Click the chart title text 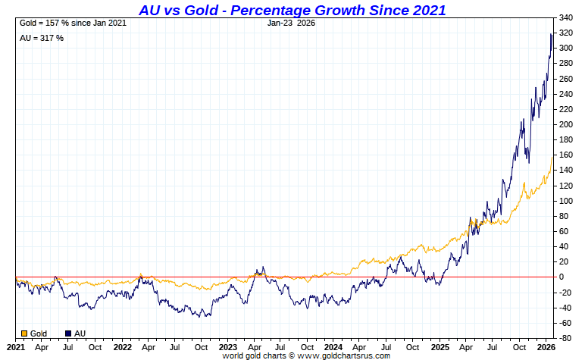(292, 10)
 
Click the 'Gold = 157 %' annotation (72, 23)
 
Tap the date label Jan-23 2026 (292, 23)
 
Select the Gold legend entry (34, 333)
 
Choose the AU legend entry (76, 333)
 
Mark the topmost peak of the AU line (551, 33)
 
